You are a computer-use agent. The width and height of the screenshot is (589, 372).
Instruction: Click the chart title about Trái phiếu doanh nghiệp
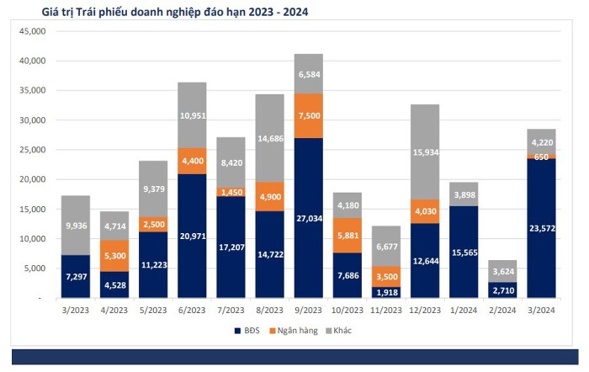point(175,12)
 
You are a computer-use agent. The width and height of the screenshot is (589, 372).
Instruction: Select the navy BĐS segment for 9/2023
point(309,218)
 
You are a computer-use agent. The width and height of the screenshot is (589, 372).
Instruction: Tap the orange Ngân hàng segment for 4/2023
point(114,256)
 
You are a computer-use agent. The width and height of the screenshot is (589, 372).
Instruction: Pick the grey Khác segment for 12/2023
point(425,151)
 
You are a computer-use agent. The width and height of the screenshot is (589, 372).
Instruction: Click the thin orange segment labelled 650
point(541,157)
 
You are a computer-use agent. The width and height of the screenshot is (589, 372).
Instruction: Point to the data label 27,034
point(309,218)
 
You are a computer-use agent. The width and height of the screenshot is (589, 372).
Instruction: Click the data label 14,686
point(270,139)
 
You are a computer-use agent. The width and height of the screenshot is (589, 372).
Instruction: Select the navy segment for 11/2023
point(386,292)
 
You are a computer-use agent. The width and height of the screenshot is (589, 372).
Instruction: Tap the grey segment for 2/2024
point(502,271)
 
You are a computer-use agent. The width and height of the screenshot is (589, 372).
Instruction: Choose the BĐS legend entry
point(247,331)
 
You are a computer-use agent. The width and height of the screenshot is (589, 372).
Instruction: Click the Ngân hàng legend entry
point(294,331)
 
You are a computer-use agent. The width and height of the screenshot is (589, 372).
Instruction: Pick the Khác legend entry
point(338,331)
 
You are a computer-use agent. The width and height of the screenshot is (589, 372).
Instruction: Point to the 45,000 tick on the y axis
point(33,31)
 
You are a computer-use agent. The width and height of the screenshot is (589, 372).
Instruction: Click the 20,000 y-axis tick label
point(33,179)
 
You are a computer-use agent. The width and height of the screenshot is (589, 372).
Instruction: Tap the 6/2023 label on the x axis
point(192,311)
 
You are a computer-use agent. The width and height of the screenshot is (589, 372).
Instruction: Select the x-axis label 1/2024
point(464,311)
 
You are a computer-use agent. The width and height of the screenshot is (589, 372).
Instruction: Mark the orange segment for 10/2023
point(347,235)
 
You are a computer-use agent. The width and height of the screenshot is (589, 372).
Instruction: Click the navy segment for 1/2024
point(464,252)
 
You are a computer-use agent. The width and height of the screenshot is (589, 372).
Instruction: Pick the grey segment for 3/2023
point(76,225)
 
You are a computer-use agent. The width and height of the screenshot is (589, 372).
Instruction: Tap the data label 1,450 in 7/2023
point(231,193)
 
